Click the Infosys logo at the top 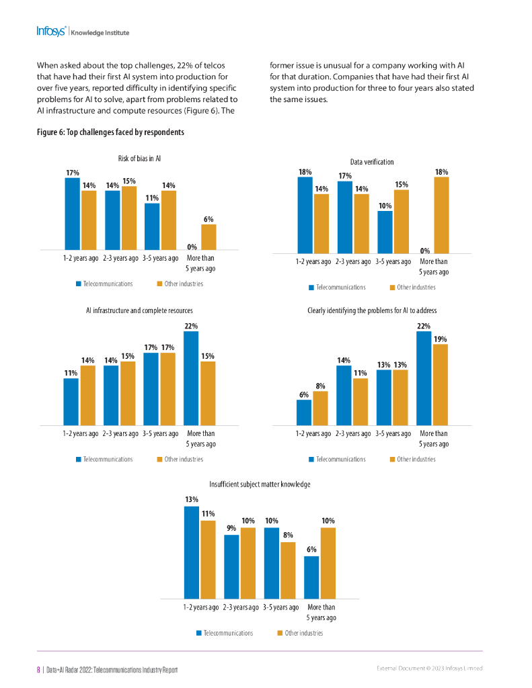click(51, 32)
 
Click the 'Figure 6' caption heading click(110, 132)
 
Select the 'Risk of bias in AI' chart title click(139, 159)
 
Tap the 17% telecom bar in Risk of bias click(72, 214)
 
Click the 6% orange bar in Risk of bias click(208, 236)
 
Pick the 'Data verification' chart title click(372, 162)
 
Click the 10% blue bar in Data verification click(385, 232)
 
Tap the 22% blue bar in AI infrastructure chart click(192, 378)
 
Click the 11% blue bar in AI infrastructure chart click(71, 401)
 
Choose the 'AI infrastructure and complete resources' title click(139, 311)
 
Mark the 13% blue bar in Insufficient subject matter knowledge click(192, 552)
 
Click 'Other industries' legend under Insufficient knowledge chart click(303, 633)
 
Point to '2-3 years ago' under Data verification click(353, 261)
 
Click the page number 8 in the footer click(38, 670)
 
